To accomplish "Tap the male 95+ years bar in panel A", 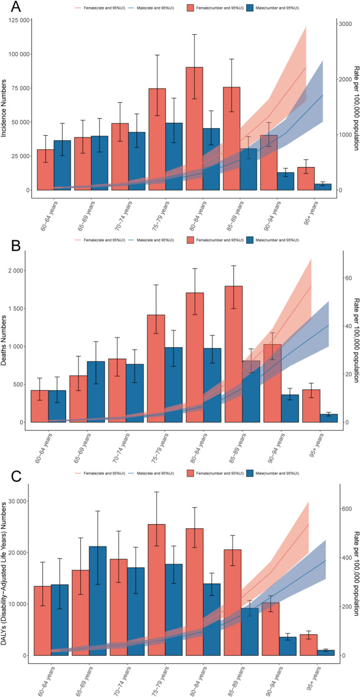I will coord(322,187).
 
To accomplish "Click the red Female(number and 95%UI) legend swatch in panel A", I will coord(191,9).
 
